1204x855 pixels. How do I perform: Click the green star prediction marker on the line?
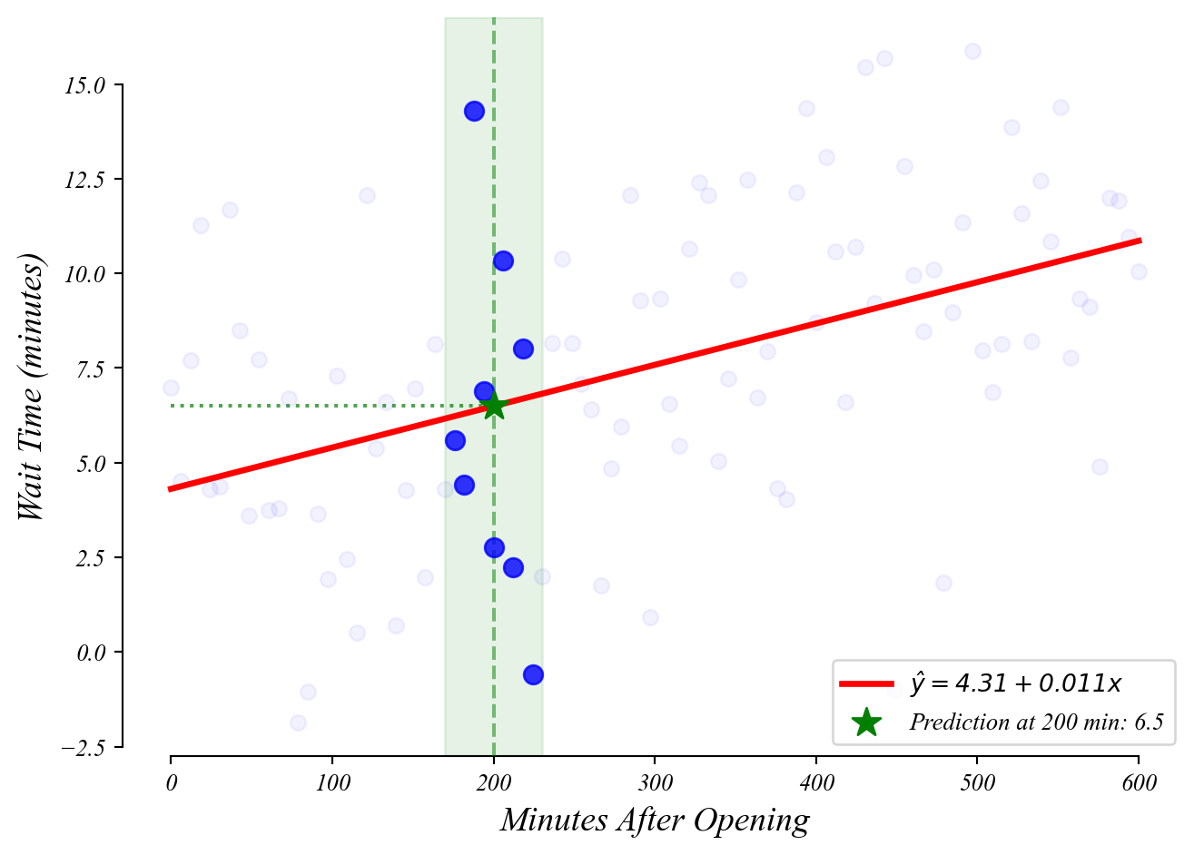pos(493,406)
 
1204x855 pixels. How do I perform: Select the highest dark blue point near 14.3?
pos(474,112)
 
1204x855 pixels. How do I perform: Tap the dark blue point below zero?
pos(533,674)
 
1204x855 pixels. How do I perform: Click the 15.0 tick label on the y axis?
pos(84,86)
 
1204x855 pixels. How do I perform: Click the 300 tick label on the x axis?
pos(655,783)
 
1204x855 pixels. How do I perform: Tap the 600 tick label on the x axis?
pos(1139,783)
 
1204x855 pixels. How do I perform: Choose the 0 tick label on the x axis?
pos(171,783)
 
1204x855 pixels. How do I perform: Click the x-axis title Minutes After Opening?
pos(655,821)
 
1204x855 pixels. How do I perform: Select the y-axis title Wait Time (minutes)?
pos(32,388)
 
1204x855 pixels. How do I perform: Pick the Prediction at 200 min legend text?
pos(1036,722)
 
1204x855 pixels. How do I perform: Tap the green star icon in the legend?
pos(866,722)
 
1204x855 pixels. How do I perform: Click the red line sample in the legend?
pos(866,683)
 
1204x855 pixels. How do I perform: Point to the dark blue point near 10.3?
pos(503,261)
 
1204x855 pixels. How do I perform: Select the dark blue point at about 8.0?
pos(523,349)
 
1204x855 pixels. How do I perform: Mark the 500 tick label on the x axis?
pos(977,783)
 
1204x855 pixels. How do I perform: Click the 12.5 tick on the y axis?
pos(84,181)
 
